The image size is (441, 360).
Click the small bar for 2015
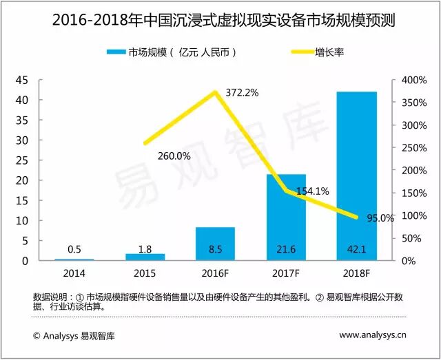pyautogui.click(x=145, y=257)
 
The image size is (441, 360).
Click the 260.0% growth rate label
pyautogui.click(x=173, y=156)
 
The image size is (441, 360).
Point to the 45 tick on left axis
pyautogui.click(x=22, y=81)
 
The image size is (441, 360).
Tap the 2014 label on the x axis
pyautogui.click(x=74, y=272)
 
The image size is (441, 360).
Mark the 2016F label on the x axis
pyautogui.click(x=215, y=272)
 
